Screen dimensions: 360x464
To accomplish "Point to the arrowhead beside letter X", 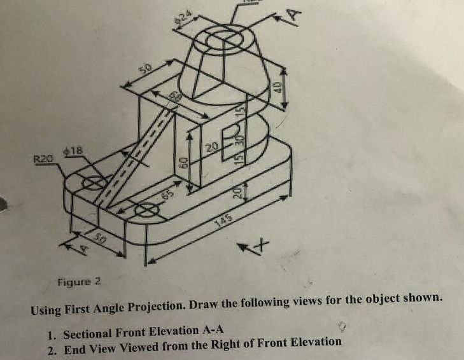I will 244,246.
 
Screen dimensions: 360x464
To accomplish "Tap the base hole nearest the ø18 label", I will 94,183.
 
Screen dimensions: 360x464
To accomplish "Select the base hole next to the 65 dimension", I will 147,210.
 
